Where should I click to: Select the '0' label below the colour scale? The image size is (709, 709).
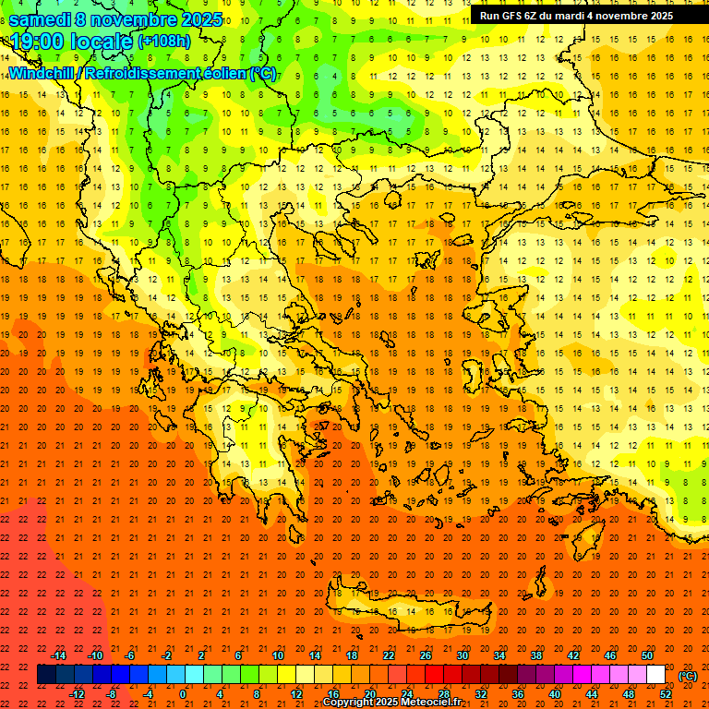coord(183,694)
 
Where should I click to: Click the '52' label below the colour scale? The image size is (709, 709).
coord(666,694)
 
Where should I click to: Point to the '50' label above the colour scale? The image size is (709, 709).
coord(647,655)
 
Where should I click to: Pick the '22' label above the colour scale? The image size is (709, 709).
coord(389,655)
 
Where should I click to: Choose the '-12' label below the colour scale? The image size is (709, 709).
coord(78,694)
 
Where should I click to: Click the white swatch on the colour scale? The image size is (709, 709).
coord(656,675)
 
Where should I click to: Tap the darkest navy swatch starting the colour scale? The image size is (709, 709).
coord(46,675)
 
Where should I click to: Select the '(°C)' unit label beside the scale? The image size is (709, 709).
coord(688,676)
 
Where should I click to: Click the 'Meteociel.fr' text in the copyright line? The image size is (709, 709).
coord(430,703)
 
